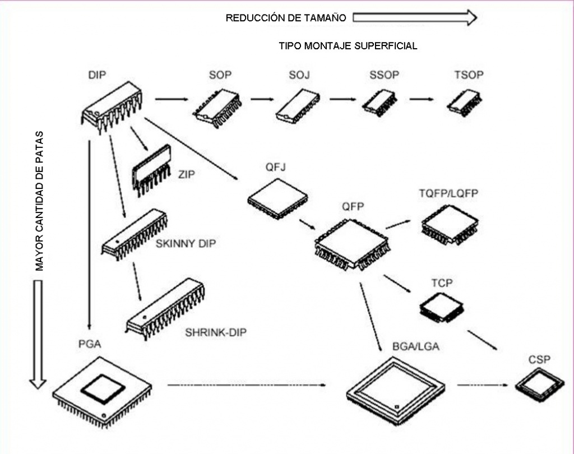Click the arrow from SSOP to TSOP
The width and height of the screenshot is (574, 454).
(427, 99)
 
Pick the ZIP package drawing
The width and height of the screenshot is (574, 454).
(151, 169)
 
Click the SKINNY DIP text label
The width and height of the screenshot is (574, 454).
(186, 244)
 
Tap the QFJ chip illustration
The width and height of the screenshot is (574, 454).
(277, 200)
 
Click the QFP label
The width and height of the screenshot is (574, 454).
(353, 207)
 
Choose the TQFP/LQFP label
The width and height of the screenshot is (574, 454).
(448, 194)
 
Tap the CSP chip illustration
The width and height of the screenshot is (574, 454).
(539, 386)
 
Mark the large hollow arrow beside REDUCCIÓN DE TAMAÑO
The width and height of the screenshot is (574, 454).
(414, 18)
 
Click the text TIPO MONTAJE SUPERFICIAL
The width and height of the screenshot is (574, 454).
(348, 46)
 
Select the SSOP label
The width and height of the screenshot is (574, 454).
(383, 75)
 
